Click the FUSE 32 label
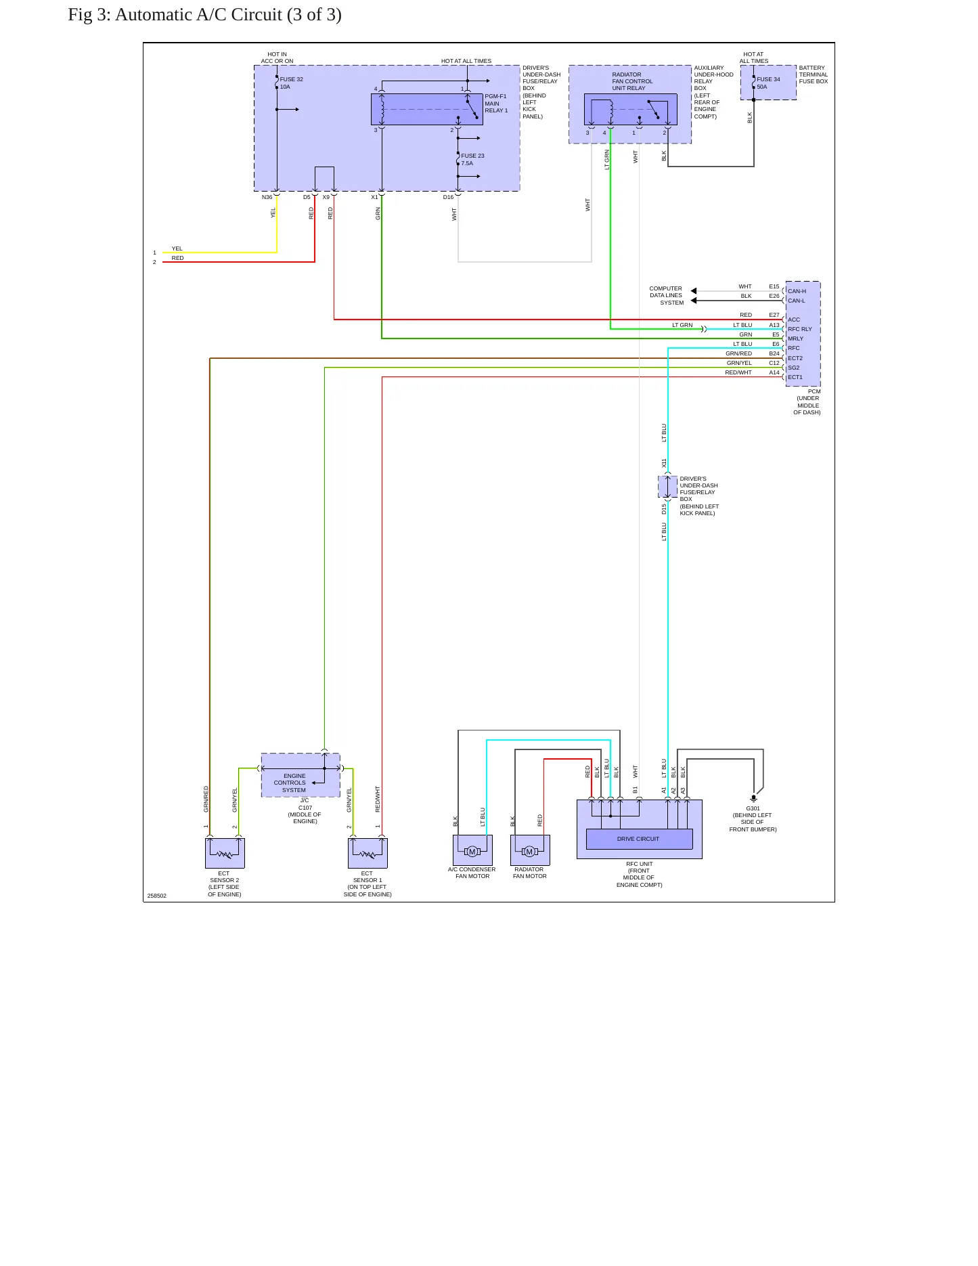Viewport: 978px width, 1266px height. [x=292, y=79]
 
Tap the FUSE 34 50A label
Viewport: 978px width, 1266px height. [x=768, y=83]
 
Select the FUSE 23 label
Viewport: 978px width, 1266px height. [x=472, y=156]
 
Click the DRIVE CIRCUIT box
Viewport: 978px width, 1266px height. [x=639, y=839]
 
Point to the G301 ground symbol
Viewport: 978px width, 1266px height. [x=754, y=799]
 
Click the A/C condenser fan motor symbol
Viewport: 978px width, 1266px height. [x=472, y=851]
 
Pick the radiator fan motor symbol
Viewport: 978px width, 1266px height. [x=530, y=851]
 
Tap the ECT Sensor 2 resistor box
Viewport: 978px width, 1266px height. [x=225, y=853]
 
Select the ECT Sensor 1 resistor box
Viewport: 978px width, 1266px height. [x=368, y=853]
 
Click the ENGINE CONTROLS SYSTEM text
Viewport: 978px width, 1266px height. [x=292, y=783]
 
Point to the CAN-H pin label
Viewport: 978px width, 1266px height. [x=797, y=291]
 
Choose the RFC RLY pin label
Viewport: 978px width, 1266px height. [x=799, y=329]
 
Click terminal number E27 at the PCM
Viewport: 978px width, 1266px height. [x=774, y=315]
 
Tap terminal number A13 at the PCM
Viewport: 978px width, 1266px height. [x=774, y=325]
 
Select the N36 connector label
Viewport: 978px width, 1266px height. [x=267, y=197]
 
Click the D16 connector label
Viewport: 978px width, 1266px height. [x=448, y=197]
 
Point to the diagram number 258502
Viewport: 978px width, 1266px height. [x=157, y=896]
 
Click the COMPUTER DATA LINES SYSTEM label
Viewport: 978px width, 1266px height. [x=667, y=295]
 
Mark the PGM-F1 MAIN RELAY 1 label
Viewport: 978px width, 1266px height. [x=496, y=104]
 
